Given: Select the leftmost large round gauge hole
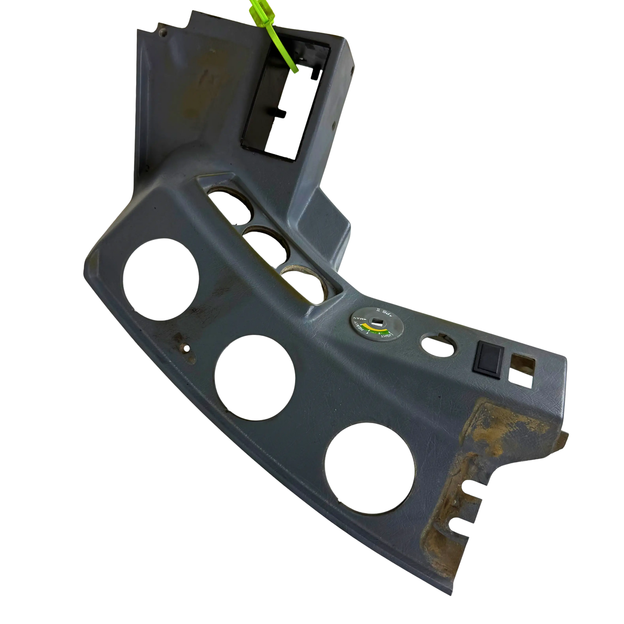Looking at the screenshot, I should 161,283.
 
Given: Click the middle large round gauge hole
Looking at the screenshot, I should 255,378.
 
